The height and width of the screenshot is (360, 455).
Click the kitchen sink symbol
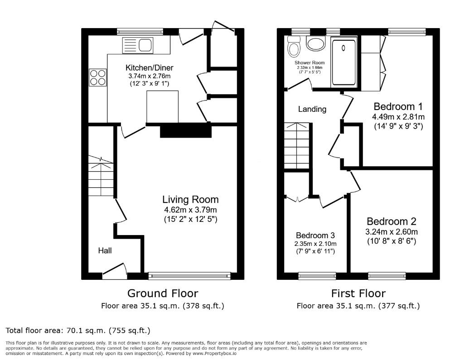tap(137, 45)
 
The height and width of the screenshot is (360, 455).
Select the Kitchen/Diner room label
tap(149, 68)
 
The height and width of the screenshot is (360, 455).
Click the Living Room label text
tap(190, 199)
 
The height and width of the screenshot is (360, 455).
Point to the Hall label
tap(105, 250)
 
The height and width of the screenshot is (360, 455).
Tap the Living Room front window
tap(189, 275)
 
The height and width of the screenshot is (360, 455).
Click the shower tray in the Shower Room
tap(344, 62)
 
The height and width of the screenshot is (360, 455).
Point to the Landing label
tap(312, 109)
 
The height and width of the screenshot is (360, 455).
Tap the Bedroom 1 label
tap(398, 107)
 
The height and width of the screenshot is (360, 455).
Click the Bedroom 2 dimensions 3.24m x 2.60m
tap(392, 232)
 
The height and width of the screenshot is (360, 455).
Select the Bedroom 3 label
tap(315, 235)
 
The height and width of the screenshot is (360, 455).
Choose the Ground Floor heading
tap(162, 293)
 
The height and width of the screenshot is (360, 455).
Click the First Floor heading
tap(358, 293)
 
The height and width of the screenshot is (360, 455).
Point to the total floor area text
tap(77, 331)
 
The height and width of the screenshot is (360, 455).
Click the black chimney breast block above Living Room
tap(186, 131)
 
